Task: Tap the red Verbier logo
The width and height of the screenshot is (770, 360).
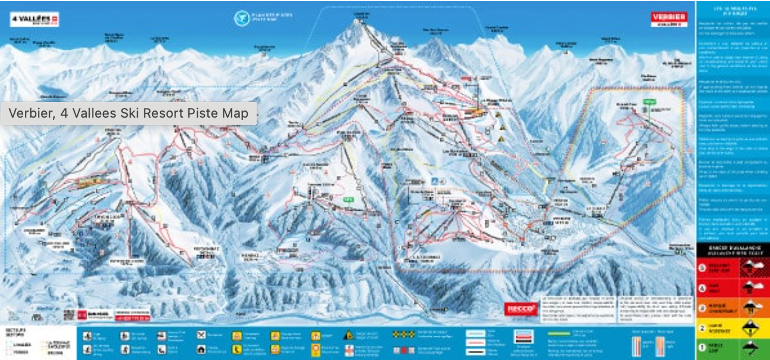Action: [x=668, y=19]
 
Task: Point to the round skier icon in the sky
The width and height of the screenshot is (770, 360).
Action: [x=242, y=17]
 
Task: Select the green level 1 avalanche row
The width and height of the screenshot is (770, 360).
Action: [x=732, y=349]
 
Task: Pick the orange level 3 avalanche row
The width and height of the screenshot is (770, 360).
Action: [x=732, y=308]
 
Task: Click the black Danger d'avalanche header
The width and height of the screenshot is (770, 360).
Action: [x=732, y=248]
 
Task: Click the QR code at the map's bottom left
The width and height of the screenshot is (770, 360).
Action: [x=70, y=314]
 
